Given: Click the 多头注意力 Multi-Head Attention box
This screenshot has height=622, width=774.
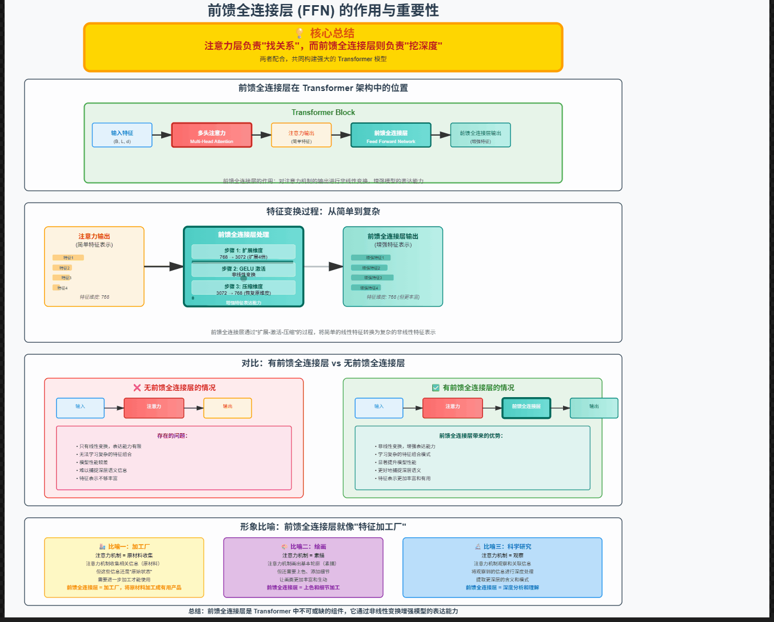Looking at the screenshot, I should click(x=212, y=135).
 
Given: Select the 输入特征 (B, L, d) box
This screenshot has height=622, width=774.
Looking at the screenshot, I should click(x=122, y=135).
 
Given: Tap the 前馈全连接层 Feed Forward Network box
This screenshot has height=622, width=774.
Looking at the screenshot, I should click(x=390, y=135).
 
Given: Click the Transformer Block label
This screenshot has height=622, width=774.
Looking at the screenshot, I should click(x=323, y=113).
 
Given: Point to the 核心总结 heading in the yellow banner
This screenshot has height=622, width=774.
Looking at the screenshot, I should click(x=332, y=33).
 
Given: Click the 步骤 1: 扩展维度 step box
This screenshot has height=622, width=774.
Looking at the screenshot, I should click(x=244, y=252).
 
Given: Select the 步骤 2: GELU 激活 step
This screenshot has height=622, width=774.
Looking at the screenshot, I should click(x=244, y=270).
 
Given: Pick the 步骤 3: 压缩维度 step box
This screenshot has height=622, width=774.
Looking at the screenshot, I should click(x=244, y=288).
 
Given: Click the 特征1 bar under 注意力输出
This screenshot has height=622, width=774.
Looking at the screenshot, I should click(x=68, y=257).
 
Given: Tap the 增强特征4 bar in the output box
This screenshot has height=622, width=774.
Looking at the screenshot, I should click(x=366, y=288).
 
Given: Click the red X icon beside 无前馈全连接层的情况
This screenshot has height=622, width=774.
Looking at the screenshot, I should click(x=137, y=387).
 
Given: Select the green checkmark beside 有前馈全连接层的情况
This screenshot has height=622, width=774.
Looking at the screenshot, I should click(x=436, y=387).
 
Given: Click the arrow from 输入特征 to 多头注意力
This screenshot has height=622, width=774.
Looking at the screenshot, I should click(x=162, y=135).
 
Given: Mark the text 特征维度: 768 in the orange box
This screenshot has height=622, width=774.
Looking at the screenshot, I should click(x=94, y=297).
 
